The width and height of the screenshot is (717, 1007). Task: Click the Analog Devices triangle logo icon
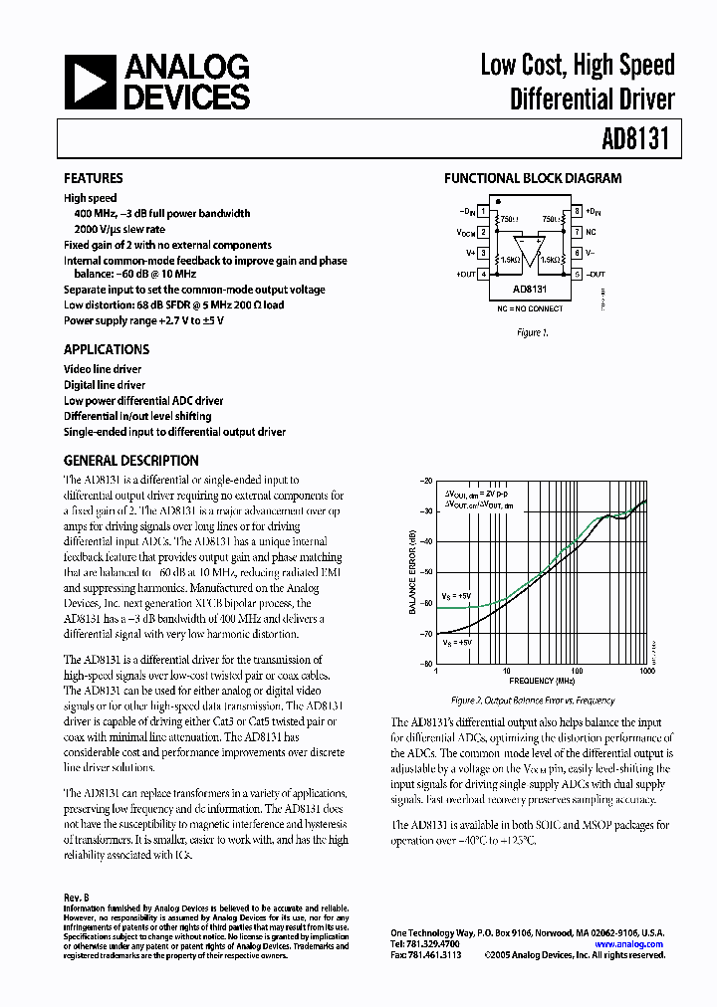point(90,82)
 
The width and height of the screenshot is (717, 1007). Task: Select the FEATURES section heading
point(94,178)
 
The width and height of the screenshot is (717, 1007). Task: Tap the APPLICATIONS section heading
point(107,349)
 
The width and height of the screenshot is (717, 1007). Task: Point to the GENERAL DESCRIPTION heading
point(131,461)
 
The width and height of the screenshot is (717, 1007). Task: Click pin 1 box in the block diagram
point(484,211)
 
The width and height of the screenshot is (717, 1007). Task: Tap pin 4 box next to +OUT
point(484,274)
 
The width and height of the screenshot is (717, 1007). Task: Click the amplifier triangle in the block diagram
point(530,249)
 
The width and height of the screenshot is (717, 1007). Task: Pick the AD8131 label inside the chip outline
point(530,290)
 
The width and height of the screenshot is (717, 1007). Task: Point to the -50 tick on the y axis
point(427,572)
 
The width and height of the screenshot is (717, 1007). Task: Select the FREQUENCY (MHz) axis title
point(542,682)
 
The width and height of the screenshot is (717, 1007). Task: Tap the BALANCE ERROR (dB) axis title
point(411,572)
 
